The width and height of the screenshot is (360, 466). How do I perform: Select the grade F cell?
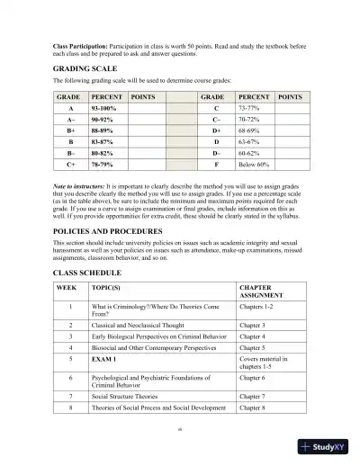click(x=216, y=192)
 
